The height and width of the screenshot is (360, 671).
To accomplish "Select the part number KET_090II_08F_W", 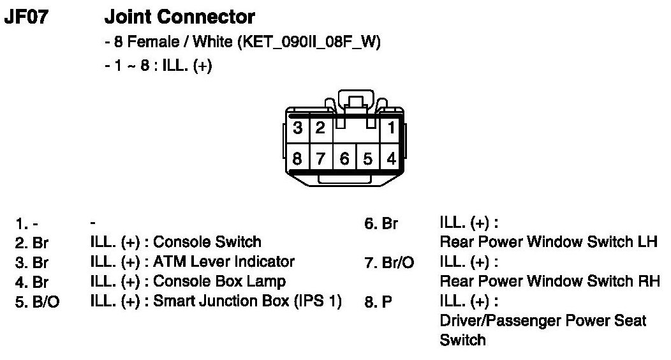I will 309,42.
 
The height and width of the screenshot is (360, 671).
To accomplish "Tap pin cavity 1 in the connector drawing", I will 390,128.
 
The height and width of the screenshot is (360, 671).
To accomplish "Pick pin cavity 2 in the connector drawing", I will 320,128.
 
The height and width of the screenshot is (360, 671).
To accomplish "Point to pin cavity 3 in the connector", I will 297,128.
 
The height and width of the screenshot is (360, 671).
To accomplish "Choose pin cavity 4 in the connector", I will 390,158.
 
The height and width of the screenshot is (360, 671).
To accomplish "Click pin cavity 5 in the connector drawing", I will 367,158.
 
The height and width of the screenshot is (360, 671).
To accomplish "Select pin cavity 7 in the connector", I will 320,158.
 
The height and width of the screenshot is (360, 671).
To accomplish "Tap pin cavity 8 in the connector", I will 297,158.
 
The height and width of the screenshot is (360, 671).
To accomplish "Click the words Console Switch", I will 207,243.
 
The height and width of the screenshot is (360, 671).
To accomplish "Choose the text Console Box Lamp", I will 219,281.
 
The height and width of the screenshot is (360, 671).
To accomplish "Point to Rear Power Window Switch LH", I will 549,243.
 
